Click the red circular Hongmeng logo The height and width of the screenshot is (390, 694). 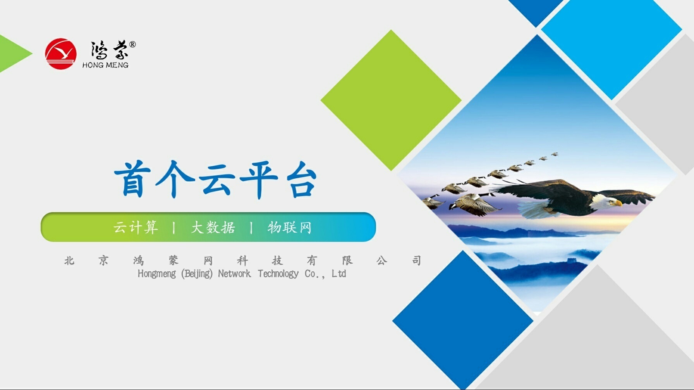60,53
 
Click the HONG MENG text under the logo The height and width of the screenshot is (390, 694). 105,65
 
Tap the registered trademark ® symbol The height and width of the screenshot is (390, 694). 132,44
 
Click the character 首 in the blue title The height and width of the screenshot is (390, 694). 132,179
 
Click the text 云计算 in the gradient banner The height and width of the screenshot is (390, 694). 136,227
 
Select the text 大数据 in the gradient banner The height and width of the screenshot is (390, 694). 213,227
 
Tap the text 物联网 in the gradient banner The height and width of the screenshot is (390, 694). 289,227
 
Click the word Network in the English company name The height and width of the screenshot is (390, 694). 234,274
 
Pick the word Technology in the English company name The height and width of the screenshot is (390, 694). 278,274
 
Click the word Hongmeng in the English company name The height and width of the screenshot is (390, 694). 156,274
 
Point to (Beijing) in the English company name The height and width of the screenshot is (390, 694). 197,274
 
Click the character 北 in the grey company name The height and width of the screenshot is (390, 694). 69,261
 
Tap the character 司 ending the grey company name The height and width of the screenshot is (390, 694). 416,261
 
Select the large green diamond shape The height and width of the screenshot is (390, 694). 391,100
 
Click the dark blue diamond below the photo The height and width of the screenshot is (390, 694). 463,320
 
